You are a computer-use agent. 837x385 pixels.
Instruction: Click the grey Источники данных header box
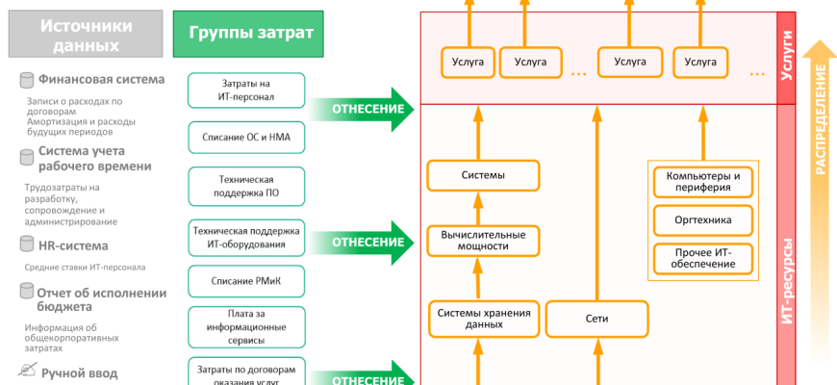pyautogui.click(x=85, y=35)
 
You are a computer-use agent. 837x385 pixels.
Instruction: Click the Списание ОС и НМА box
pyautogui.click(x=246, y=138)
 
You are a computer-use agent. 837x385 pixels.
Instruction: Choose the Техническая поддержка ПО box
pyautogui.click(x=246, y=186)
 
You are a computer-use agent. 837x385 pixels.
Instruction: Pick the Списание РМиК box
pyautogui.click(x=246, y=281)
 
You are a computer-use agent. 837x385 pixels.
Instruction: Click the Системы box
pyautogui.click(x=483, y=175)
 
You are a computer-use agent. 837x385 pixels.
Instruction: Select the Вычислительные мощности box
pyautogui.click(x=483, y=240)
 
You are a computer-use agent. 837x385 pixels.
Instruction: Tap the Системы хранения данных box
pyautogui.click(x=483, y=319)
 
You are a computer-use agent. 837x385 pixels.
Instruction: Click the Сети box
pyautogui.click(x=596, y=319)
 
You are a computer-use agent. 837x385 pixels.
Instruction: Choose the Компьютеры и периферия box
pyautogui.click(x=703, y=182)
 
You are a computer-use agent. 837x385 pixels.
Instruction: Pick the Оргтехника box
pyautogui.click(x=703, y=220)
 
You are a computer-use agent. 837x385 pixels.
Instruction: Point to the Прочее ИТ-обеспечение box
pyautogui.click(x=703, y=258)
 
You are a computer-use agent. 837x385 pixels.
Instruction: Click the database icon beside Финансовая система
pyautogui.click(x=27, y=80)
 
